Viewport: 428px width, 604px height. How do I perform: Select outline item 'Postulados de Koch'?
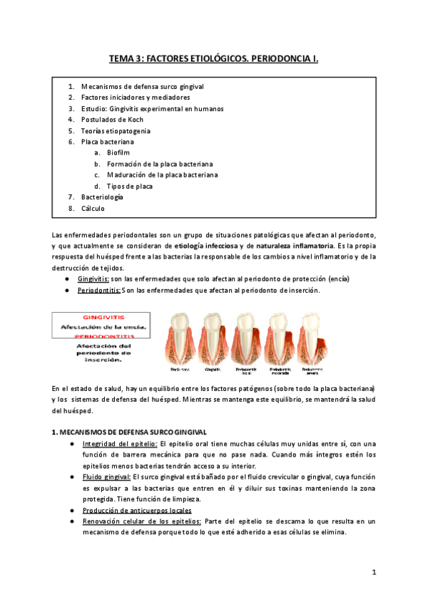click(x=112, y=120)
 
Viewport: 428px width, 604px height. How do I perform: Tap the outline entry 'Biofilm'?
click(x=118, y=153)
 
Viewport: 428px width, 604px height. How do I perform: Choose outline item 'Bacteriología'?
click(x=102, y=197)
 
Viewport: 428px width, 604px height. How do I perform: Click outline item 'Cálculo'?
click(x=93, y=209)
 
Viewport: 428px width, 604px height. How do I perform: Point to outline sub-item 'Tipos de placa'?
click(x=130, y=186)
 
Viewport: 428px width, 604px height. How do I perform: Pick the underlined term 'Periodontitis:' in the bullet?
click(x=99, y=290)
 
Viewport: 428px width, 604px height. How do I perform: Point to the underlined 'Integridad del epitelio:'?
click(x=115, y=444)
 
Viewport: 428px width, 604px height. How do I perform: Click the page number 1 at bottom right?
click(x=374, y=573)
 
